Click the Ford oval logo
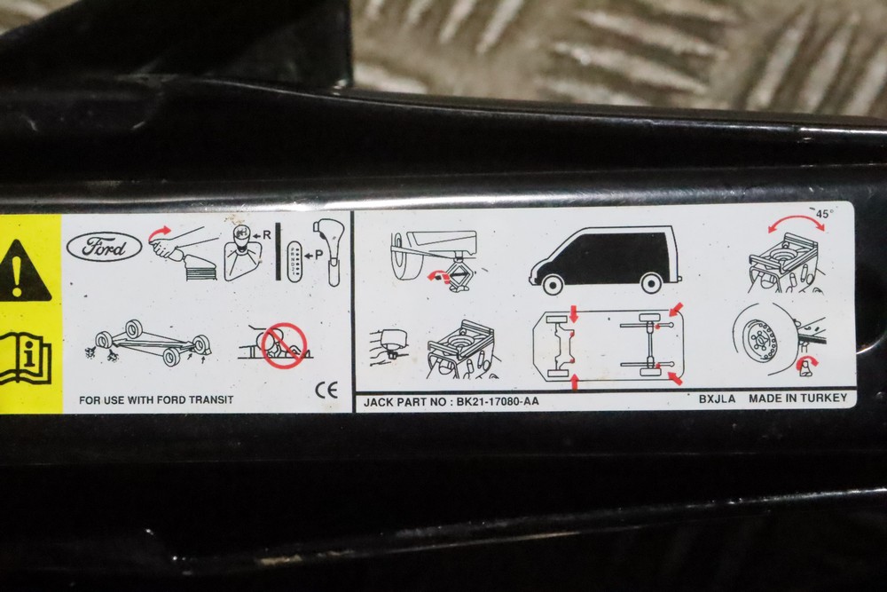[x=105, y=248]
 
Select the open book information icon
[x=25, y=359]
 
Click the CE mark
[x=326, y=390]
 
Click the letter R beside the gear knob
[x=267, y=234]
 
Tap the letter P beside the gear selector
[x=319, y=255]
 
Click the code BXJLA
[x=717, y=399]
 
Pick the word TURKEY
[x=827, y=398]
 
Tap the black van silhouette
[x=605, y=260]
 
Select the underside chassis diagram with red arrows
[x=608, y=345]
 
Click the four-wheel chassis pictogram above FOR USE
[x=148, y=343]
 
